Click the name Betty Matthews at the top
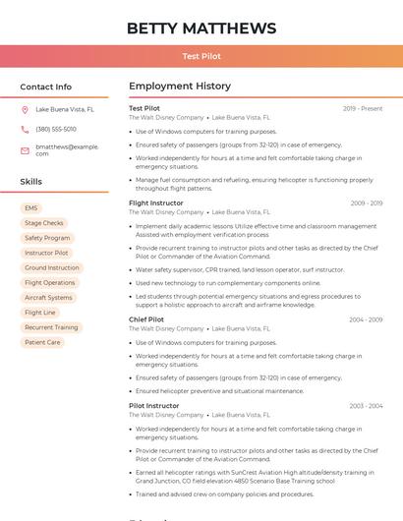point(201,29)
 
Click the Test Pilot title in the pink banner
point(201,57)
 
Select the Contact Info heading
point(46,87)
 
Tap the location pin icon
point(26,110)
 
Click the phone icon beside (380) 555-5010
point(26,130)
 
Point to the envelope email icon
point(26,149)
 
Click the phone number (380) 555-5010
point(56,130)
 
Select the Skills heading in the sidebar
point(31,182)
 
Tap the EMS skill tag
point(31,208)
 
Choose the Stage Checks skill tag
point(44,223)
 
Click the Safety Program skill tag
point(47,238)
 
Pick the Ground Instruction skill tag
point(52,267)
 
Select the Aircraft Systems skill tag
point(48,298)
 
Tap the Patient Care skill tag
point(42,342)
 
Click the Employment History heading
point(180,87)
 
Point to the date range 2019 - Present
point(363,108)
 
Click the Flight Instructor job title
point(156,203)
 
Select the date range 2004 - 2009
point(366,319)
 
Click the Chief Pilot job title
point(146,319)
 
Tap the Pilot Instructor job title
point(154,405)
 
